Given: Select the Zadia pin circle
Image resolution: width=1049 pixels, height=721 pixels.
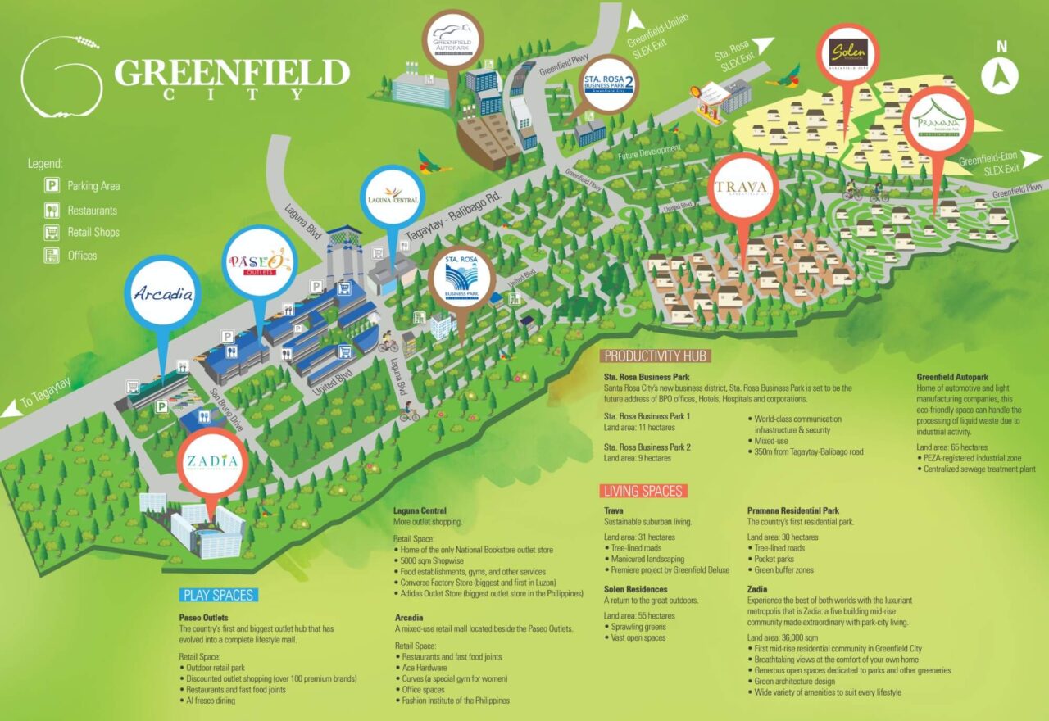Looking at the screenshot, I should (212, 461).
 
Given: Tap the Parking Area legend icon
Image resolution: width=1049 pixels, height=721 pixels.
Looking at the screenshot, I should (52, 186).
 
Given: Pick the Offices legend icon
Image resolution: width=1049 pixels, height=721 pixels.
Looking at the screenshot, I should (52, 256).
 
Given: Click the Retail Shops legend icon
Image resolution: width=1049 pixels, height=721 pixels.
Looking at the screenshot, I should (52, 233).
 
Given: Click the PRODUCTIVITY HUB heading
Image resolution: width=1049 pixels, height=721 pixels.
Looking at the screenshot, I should (654, 356).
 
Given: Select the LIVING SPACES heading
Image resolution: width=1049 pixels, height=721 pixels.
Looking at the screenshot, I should (643, 491).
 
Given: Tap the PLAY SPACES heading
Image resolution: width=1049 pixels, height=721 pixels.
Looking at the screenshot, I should (219, 595).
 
